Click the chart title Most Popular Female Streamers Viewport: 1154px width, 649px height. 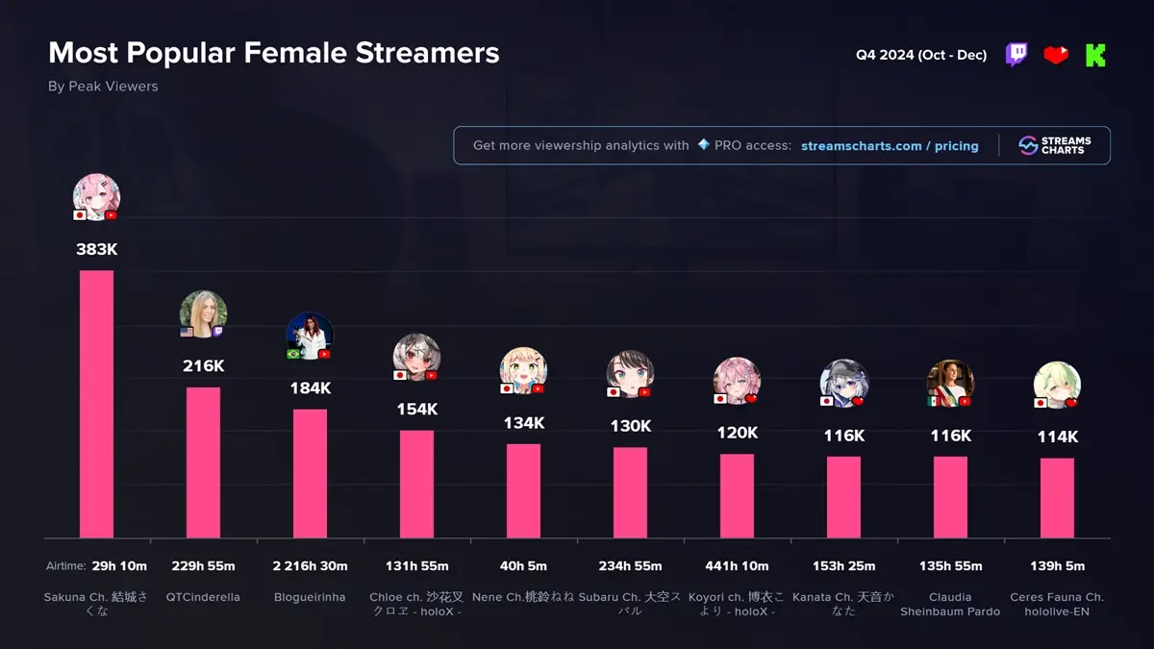coord(274,53)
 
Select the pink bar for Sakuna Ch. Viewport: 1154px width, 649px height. coord(96,404)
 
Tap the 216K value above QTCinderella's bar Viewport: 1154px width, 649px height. coord(203,365)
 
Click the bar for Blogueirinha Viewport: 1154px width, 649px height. coord(310,473)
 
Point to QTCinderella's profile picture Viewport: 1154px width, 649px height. coord(203,313)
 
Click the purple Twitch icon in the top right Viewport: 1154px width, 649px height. coord(1016,55)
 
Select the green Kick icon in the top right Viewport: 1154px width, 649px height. coord(1095,55)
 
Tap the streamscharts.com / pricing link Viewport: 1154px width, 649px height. coord(890,146)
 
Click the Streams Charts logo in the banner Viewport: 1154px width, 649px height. coord(1055,145)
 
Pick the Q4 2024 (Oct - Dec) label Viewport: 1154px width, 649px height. coord(921,55)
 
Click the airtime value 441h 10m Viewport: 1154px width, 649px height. coord(737,565)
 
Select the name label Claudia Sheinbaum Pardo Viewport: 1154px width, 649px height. coord(950,604)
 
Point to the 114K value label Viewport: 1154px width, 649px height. coord(1057,437)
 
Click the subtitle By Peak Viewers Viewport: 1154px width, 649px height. coord(103,87)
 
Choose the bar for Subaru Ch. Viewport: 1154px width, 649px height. coord(630,492)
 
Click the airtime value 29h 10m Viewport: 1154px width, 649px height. coord(119,565)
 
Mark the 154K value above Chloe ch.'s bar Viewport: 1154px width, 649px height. coord(416,409)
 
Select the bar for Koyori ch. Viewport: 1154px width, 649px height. coord(737,495)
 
